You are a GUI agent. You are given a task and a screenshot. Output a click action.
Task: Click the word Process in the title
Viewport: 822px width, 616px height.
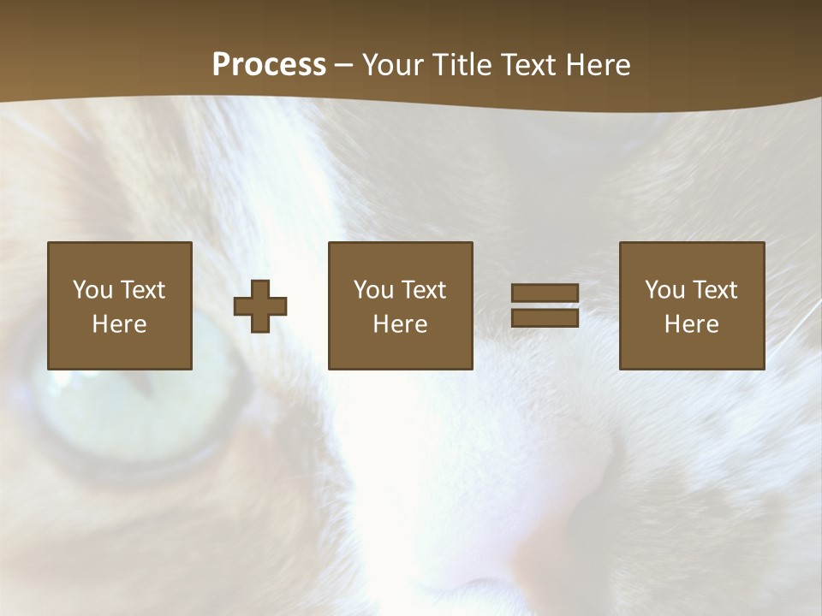pos(269,65)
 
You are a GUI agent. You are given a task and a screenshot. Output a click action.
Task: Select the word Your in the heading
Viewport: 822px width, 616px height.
pos(394,65)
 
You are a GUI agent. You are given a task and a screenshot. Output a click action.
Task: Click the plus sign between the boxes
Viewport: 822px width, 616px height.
pos(260,306)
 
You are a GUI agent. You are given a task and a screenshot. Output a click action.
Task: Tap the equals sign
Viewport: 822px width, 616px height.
pos(545,305)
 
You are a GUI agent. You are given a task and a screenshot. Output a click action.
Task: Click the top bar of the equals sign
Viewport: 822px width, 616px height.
pos(545,293)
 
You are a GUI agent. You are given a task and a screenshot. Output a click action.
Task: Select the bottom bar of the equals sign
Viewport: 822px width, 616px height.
pos(545,317)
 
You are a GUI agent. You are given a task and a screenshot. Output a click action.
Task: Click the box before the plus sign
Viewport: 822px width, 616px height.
pos(120,305)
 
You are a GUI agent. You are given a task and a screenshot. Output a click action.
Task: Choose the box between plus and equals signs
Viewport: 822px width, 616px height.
pos(400,305)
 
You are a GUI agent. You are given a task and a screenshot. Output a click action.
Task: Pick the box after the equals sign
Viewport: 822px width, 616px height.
pos(692,305)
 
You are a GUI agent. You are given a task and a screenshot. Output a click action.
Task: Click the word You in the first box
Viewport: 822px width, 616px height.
pos(92,290)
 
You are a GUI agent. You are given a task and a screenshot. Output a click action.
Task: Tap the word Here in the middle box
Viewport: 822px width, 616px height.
pos(400,324)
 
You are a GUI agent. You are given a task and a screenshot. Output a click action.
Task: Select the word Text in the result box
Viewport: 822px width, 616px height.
pos(715,290)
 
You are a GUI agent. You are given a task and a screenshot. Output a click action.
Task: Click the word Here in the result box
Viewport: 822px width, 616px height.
pos(692,324)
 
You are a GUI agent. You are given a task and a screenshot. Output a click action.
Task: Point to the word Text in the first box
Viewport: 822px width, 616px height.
pos(142,290)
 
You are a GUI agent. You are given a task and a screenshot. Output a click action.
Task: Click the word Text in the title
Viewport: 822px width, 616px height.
pos(530,65)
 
